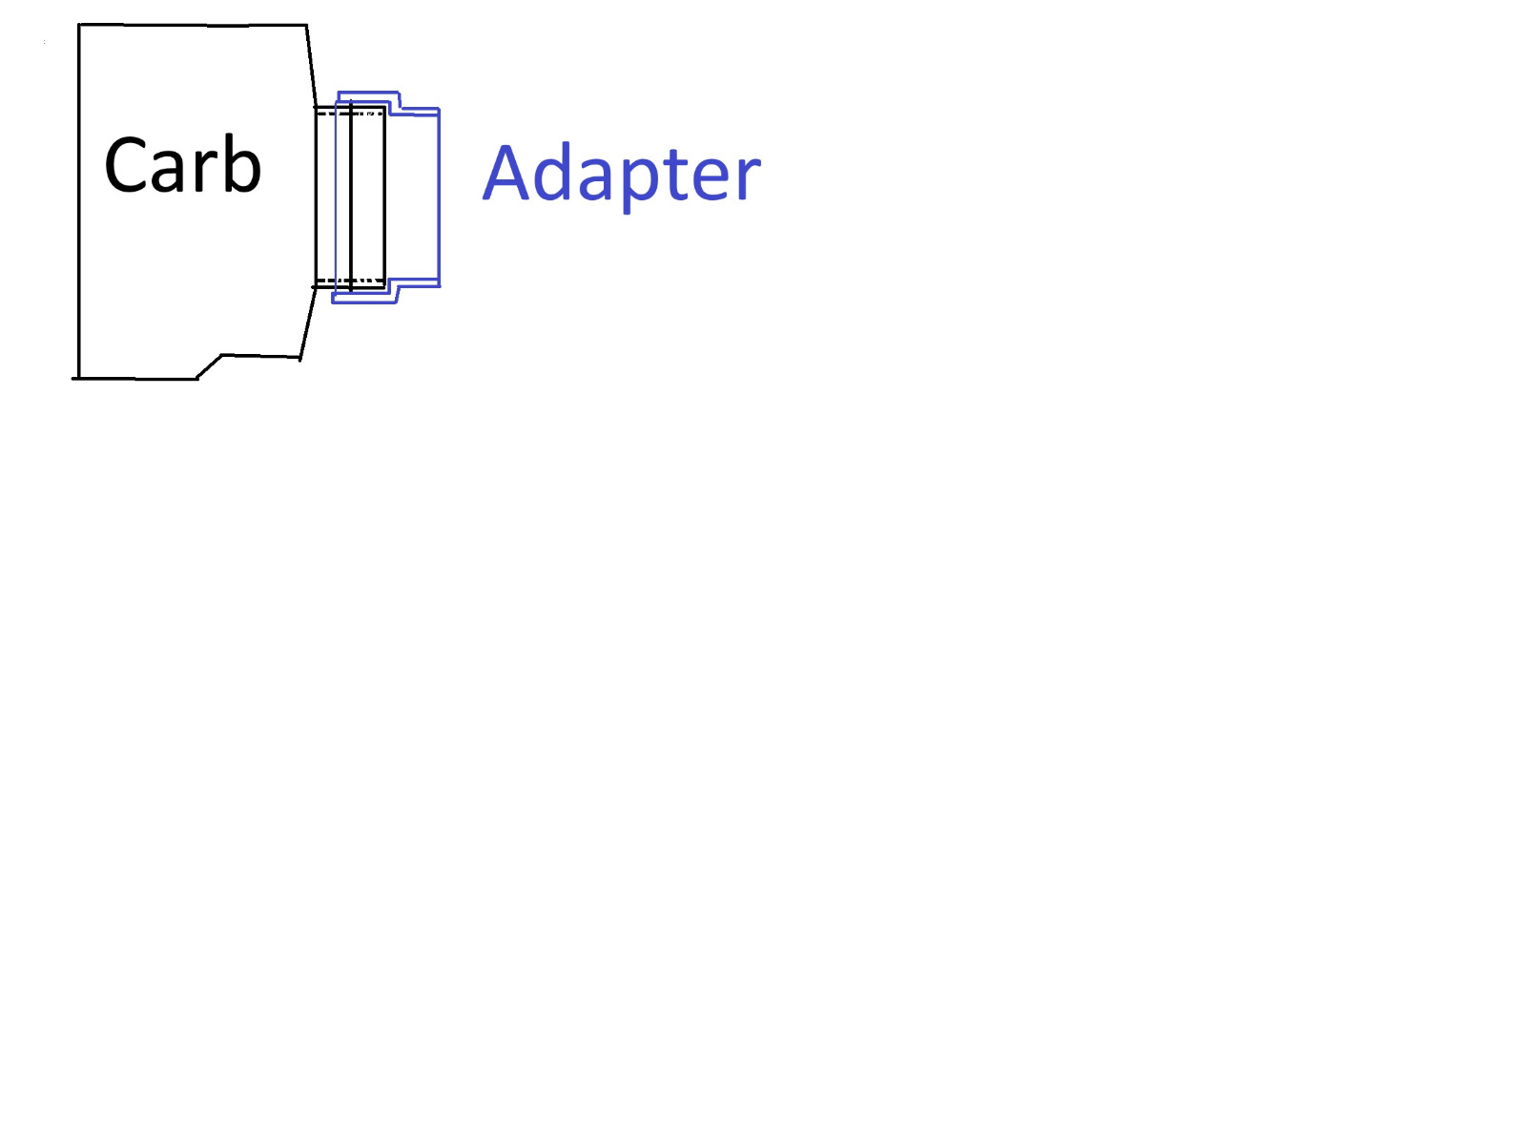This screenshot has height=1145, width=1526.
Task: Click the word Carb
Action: tap(182, 164)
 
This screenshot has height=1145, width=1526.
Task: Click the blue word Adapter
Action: tap(622, 175)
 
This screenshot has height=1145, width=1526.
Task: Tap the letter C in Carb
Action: tap(125, 165)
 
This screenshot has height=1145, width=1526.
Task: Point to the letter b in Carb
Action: tap(242, 163)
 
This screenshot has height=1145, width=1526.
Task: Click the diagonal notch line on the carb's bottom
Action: tap(209, 366)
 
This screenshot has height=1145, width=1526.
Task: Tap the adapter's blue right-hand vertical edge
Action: tap(439, 197)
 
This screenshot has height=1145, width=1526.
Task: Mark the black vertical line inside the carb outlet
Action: tap(351, 197)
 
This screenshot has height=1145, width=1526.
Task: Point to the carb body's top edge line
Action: tap(193, 26)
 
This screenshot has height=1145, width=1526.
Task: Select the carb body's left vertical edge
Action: tap(78, 201)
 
